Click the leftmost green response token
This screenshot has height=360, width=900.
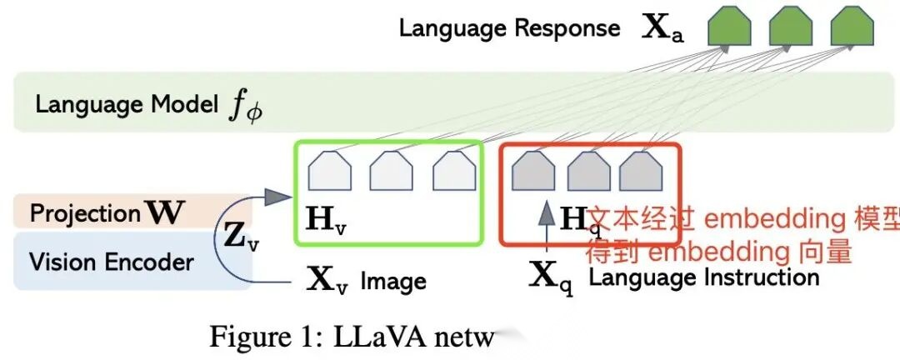(x=729, y=27)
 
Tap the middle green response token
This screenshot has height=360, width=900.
(x=791, y=27)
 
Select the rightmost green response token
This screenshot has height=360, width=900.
(x=852, y=27)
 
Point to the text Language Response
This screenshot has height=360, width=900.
(x=509, y=28)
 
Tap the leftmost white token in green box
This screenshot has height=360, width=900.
(x=329, y=171)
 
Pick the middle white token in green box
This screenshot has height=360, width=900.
(x=391, y=171)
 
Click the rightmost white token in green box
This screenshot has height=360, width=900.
(x=453, y=171)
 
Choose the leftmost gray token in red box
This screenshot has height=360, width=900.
(x=533, y=171)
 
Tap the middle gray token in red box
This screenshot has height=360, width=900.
(x=588, y=171)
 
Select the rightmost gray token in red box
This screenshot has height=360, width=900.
(x=640, y=171)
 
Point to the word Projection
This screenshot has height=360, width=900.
(x=85, y=213)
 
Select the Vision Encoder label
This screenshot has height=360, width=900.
(x=112, y=262)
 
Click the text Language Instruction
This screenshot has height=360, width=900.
(x=704, y=277)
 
